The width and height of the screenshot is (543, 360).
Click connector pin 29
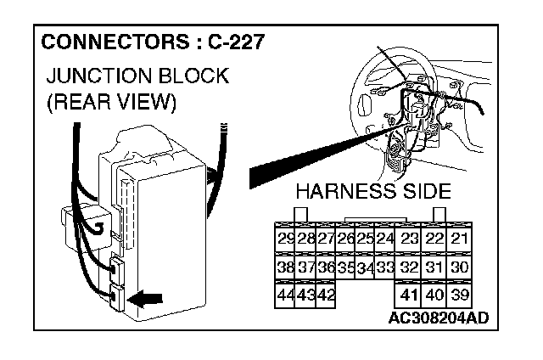tap(286, 238)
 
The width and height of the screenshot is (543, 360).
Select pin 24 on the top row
tap(384, 238)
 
